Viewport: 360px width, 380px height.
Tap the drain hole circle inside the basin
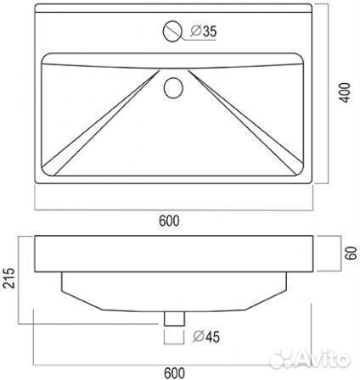click(174, 86)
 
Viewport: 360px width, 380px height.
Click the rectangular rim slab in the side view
click(174, 253)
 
